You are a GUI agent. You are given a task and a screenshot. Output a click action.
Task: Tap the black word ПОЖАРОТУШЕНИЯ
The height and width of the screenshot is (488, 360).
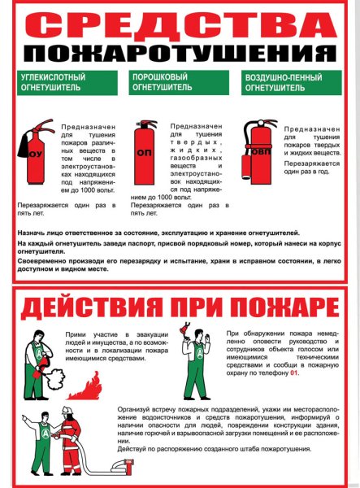tap(180, 54)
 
